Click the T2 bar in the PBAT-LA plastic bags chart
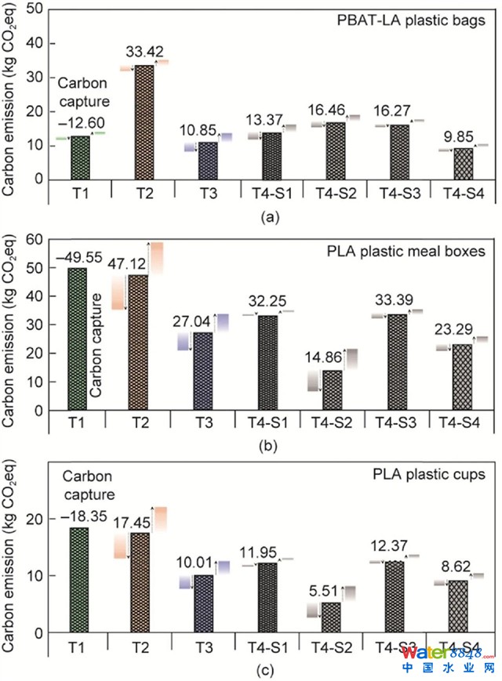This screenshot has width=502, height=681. pos(144,121)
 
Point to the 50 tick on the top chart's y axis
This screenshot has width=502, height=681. pos(34,8)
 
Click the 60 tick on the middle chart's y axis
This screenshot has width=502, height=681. pos(34,239)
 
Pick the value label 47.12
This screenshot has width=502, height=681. pos(142,264)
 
